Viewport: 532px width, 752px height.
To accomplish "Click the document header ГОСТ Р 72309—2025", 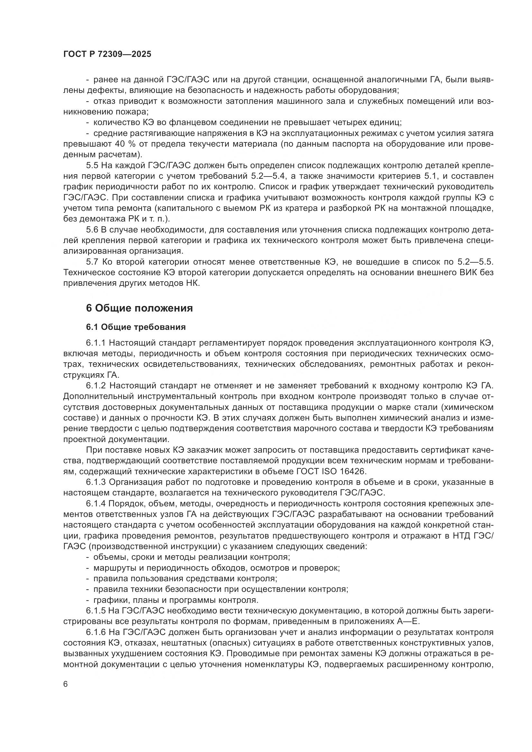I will (x=107, y=54).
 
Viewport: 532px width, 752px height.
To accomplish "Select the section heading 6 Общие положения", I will (x=139, y=308).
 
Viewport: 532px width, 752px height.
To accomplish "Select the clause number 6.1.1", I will (x=96, y=343).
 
